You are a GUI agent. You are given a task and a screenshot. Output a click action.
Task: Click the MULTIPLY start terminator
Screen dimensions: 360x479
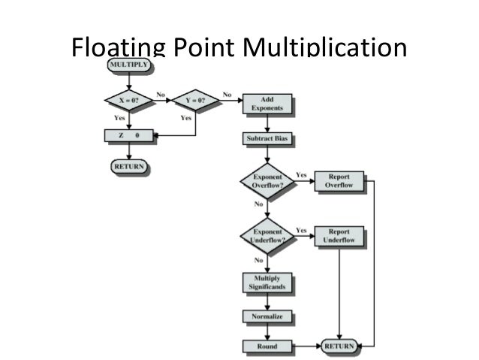pos(129,66)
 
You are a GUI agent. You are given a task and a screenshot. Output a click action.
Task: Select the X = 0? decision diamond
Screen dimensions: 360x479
pos(129,99)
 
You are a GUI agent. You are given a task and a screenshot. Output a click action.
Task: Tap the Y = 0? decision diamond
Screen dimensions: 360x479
pos(195,99)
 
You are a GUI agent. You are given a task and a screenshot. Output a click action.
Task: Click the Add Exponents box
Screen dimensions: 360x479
pos(267,104)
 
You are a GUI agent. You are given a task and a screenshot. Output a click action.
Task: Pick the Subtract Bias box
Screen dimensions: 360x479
pos(267,139)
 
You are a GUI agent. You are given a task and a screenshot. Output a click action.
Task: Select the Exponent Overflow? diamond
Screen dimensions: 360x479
pos(267,182)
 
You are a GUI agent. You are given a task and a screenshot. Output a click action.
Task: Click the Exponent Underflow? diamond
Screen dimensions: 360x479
pos(267,236)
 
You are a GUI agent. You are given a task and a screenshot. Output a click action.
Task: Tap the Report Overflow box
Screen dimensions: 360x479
pos(339,182)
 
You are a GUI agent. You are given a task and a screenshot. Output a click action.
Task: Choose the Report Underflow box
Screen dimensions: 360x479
pos(339,236)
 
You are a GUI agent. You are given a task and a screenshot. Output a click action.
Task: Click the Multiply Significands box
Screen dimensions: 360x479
pos(266,283)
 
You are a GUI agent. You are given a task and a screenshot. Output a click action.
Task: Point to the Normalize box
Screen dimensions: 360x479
pos(266,317)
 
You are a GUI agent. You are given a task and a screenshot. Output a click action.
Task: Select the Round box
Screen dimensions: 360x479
pos(266,346)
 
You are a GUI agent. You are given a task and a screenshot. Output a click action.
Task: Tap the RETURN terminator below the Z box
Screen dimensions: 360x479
pos(129,166)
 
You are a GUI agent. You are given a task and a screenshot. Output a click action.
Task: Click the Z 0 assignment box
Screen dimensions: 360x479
pos(129,136)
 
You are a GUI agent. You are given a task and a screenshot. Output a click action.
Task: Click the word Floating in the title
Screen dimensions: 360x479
pos(116,47)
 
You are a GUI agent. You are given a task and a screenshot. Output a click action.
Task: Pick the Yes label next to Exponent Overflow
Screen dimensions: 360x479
pos(301,174)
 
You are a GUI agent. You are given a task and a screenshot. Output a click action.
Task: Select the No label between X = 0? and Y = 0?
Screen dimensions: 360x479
pos(160,94)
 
